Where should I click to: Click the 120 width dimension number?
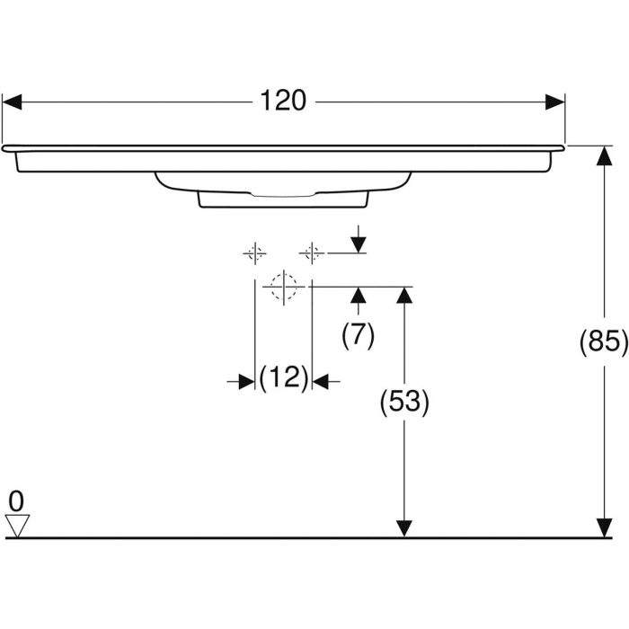[284, 102]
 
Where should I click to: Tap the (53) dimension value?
[405, 403]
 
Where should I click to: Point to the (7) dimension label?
[358, 335]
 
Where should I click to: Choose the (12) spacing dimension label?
[284, 378]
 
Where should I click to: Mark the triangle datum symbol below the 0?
[17, 525]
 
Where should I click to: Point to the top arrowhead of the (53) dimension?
[404, 297]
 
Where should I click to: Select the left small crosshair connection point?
[255, 253]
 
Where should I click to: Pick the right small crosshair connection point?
[312, 253]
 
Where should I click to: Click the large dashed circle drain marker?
[283, 287]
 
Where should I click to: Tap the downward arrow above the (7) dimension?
[358, 244]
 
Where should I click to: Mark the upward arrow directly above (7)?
[358, 297]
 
